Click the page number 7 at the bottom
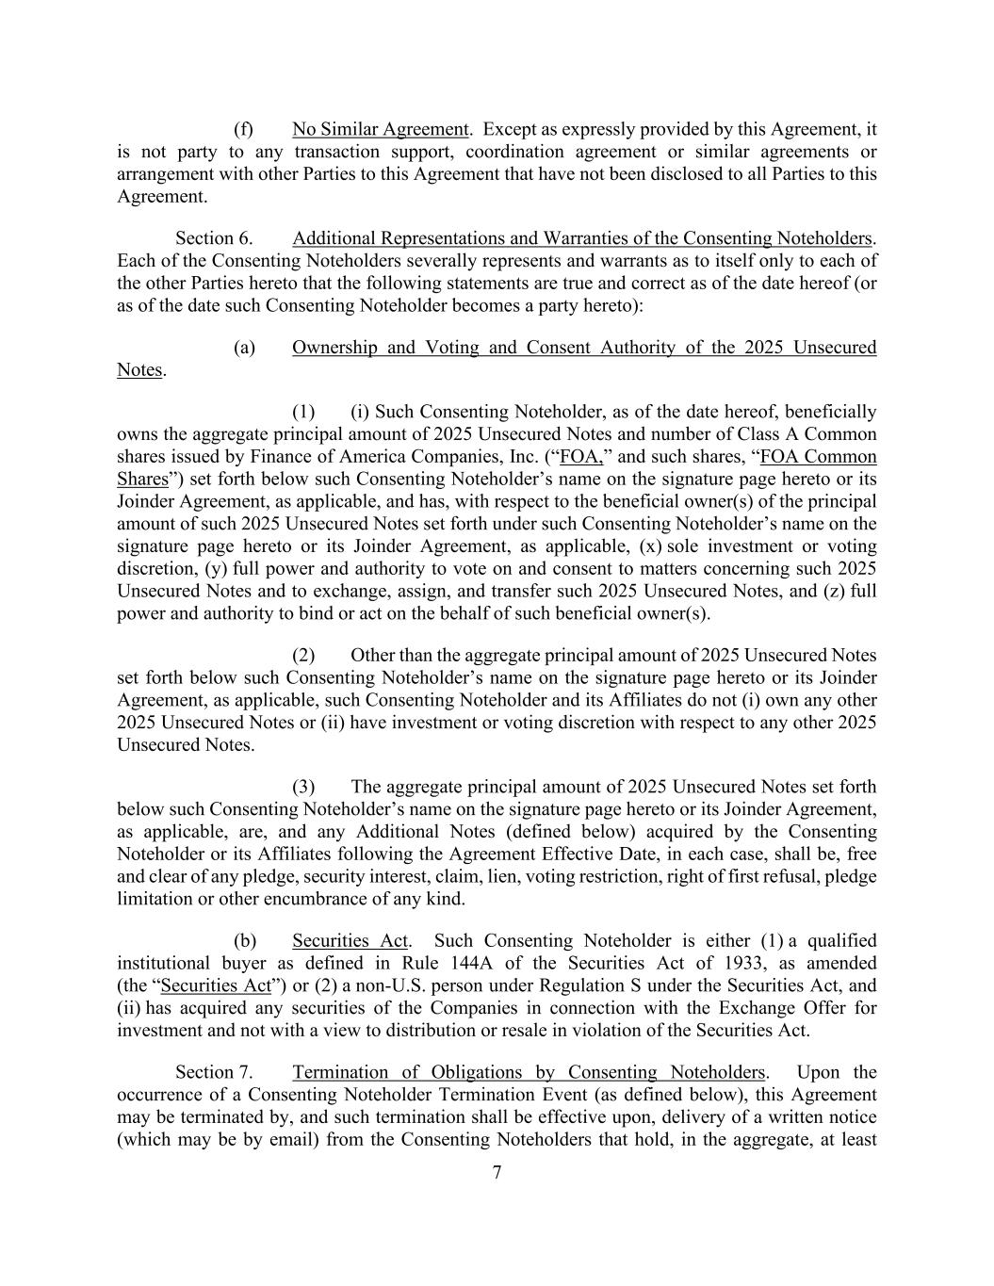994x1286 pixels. click(497, 1172)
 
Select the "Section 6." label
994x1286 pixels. click(214, 238)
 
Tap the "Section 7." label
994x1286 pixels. click(214, 1072)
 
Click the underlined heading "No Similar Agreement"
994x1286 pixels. click(380, 129)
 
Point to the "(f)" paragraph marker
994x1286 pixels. click(243, 129)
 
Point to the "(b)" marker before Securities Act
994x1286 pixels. click(244, 941)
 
